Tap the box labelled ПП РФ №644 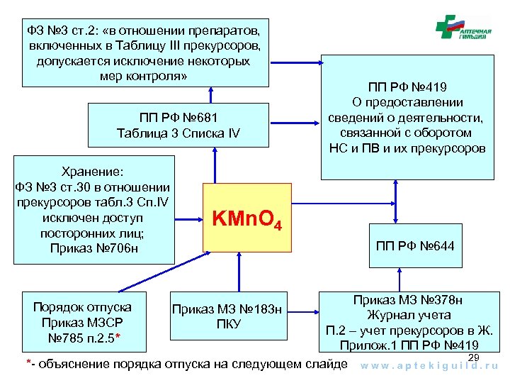coord(415,246)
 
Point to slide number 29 coord(475,356)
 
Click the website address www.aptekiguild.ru coord(430,367)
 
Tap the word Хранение coord(93,172)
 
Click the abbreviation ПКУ coord(228,324)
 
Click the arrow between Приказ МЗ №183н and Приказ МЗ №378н coord(304,311)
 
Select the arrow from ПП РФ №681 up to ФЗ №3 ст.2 coord(211,96)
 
